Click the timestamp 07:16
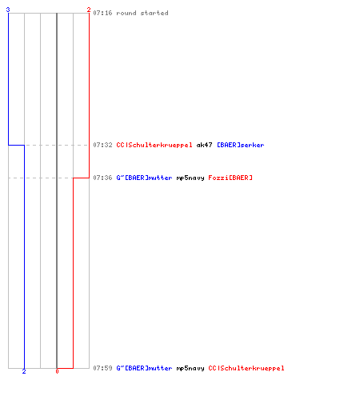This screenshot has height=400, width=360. (102, 13)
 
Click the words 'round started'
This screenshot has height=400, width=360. (142, 13)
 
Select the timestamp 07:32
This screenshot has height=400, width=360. (102, 145)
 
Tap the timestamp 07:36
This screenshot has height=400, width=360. (102, 178)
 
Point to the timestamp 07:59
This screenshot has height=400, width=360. (102, 368)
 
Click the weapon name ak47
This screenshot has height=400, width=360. (204, 145)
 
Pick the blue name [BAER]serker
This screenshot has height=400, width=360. (241, 145)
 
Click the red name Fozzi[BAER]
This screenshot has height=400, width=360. (230, 178)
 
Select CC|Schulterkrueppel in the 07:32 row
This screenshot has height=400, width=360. (154, 145)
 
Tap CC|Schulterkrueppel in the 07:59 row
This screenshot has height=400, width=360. (246, 368)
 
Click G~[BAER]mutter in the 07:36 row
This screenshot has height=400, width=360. (144, 178)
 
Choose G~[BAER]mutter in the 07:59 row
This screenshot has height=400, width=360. (144, 368)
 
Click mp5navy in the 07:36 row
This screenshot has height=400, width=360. (190, 178)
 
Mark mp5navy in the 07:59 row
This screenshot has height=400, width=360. (190, 368)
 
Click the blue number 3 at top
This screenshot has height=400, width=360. (8, 10)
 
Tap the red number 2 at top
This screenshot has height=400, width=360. (89, 10)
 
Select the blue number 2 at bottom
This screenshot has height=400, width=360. (24, 371)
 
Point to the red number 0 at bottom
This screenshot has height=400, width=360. (57, 371)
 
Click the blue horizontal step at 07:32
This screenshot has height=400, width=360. (17, 145)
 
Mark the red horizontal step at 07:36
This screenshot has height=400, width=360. (81, 178)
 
